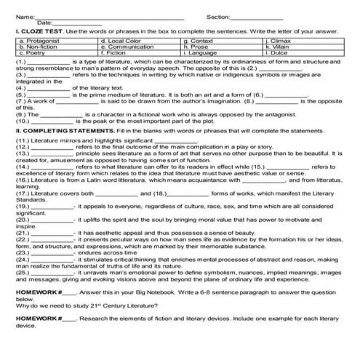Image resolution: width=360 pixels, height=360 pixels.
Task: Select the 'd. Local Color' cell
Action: (x=118, y=42)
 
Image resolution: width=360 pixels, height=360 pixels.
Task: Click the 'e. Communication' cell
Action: (x=123, y=47)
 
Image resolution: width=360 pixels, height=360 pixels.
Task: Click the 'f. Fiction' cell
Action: (x=113, y=53)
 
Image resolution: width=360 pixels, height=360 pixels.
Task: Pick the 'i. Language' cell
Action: (x=199, y=53)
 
